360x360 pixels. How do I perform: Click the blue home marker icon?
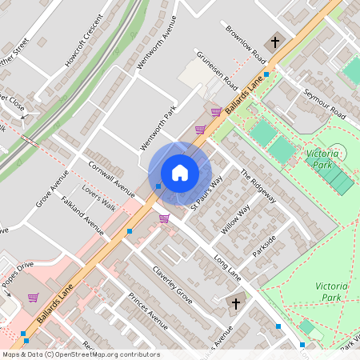180,173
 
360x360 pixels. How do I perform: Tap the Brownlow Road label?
245,44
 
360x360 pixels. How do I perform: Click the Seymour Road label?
324,102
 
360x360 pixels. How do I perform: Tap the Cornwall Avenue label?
112,177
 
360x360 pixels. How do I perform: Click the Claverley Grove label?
174,285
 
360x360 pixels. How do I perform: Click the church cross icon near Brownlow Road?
275,41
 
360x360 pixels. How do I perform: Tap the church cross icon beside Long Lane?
235,302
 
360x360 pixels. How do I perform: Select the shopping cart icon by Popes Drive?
34,298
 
